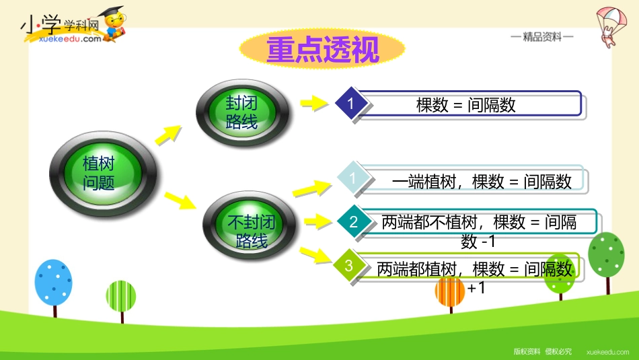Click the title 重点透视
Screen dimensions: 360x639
coord(322,50)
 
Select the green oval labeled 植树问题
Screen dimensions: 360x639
coord(98,173)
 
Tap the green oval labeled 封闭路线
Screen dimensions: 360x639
coord(242,111)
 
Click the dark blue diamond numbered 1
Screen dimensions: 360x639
coord(350,104)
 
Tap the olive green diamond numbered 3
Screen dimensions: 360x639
coord(349,265)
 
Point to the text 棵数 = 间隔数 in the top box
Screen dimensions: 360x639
coord(466,105)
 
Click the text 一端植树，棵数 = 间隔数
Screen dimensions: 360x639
coord(482,181)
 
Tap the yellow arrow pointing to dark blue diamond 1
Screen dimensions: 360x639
coord(313,103)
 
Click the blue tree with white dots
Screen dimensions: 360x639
coord(53,283)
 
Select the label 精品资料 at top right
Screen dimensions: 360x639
coord(541,38)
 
